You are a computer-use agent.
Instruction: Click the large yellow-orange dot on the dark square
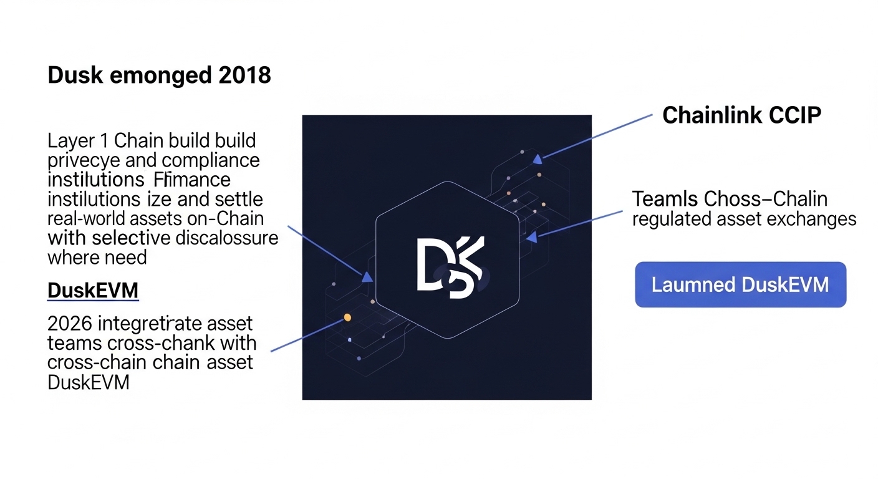[347, 317]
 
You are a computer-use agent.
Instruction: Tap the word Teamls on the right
[665, 200]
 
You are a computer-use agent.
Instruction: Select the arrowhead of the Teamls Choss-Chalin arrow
[531, 237]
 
